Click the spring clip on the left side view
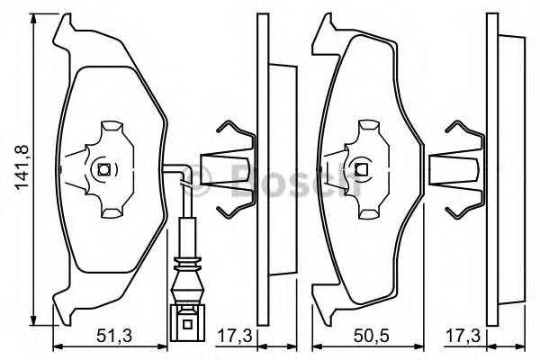pyautogui.click(x=229, y=169)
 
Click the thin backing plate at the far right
pyautogui.click(x=490, y=169)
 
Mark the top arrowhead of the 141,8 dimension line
pyautogui.click(x=33, y=20)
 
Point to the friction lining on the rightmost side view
pyautogui.click(x=509, y=169)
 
